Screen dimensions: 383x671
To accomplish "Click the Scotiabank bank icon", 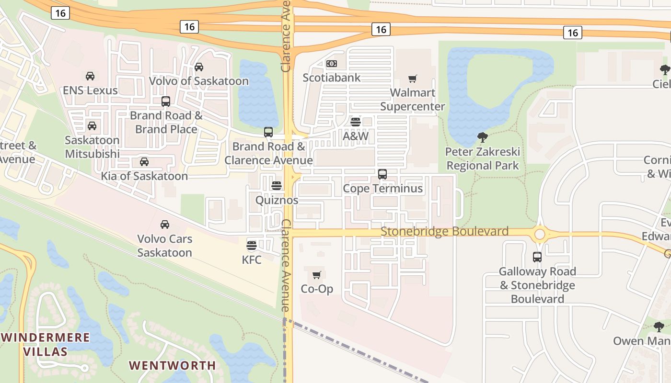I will coord(331,64).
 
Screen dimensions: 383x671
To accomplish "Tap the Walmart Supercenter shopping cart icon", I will coord(412,79).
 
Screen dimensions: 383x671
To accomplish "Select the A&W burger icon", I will coord(355,122).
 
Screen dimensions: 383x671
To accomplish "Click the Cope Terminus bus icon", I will coord(382,174).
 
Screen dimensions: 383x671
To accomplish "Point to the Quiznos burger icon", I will coord(277,186).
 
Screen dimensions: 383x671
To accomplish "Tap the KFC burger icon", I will coord(252,246).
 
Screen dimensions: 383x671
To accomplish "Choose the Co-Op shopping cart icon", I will coord(316,275).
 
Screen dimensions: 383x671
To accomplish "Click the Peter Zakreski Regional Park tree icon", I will coord(483,137).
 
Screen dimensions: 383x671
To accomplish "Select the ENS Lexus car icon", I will coord(90,76).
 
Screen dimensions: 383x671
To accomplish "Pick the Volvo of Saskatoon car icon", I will coord(199,67).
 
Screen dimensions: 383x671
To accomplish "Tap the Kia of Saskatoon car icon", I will coord(144,162).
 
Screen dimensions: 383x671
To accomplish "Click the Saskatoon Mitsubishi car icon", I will coord(92,126).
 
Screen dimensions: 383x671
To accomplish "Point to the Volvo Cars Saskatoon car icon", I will coord(165,224).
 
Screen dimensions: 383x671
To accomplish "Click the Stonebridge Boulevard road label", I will coord(444,232).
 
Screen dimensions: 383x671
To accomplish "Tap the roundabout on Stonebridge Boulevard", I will coord(540,234).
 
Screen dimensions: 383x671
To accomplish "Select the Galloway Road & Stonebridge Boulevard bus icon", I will coord(537,257).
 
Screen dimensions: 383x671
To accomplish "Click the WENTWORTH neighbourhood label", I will coord(172,365).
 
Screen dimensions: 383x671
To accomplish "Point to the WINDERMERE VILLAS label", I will coord(46,344).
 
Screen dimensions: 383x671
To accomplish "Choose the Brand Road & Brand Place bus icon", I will coord(166,101).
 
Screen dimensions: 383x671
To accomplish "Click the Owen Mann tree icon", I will coord(659,327).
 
